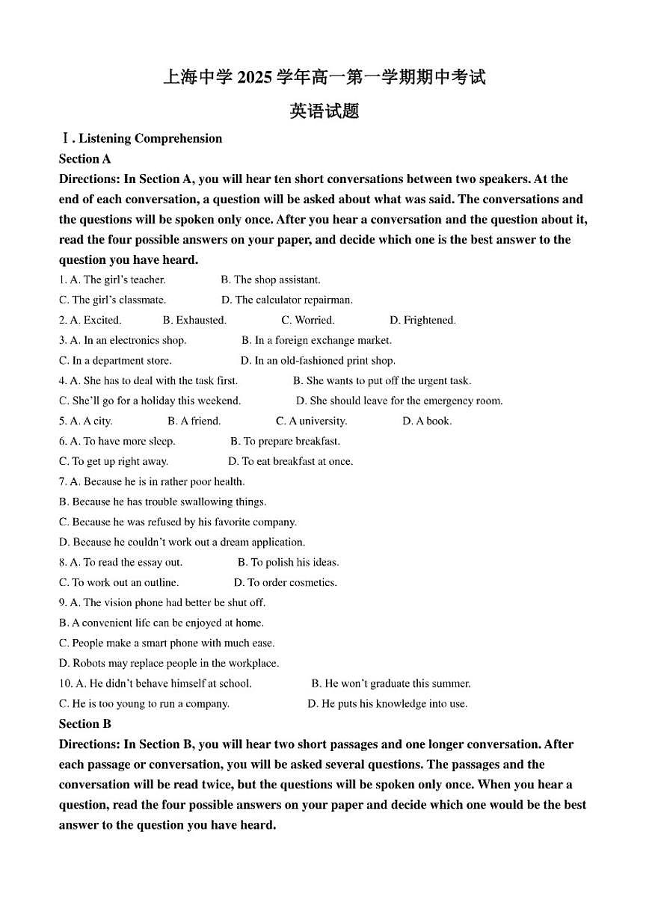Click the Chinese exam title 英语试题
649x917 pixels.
coord(324,111)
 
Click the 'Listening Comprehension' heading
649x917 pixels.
coord(150,138)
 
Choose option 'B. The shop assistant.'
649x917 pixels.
coord(270,280)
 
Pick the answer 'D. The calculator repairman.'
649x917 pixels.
coord(287,300)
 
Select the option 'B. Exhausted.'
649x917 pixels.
coord(194,320)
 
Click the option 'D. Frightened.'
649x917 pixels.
coord(422,320)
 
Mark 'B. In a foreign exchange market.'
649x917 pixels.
coord(316,340)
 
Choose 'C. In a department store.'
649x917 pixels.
coord(115,360)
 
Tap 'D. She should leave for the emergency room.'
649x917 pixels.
coord(399,401)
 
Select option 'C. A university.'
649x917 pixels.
coord(311,421)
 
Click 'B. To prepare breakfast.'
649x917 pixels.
coord(285,441)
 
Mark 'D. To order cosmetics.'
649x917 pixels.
coord(285,582)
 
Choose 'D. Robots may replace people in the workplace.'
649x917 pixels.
coord(168,663)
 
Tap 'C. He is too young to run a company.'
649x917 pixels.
coord(144,703)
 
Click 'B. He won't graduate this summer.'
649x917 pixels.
coord(390,683)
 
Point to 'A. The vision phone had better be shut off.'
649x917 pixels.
coord(162,602)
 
